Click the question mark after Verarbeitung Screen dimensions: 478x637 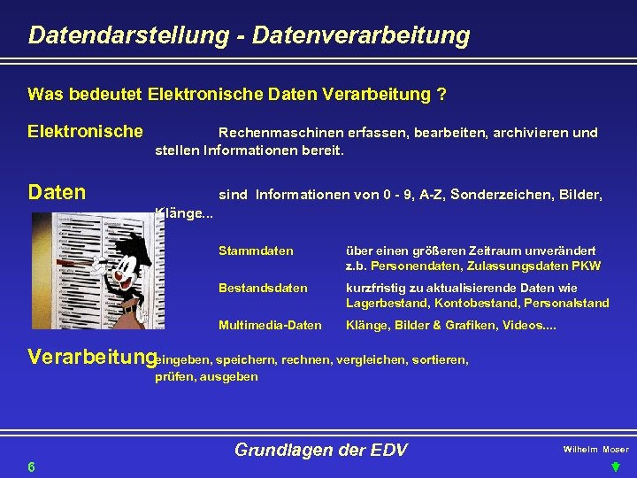click(441, 94)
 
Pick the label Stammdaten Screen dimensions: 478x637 click(256, 251)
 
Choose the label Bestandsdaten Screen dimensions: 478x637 click(263, 288)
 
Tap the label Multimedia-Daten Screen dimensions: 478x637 click(270, 325)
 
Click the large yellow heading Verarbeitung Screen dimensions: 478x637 click(92, 358)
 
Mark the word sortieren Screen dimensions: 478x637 click(439, 360)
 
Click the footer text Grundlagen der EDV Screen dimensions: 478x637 click(320, 450)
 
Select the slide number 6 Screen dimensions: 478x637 click(31, 466)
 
